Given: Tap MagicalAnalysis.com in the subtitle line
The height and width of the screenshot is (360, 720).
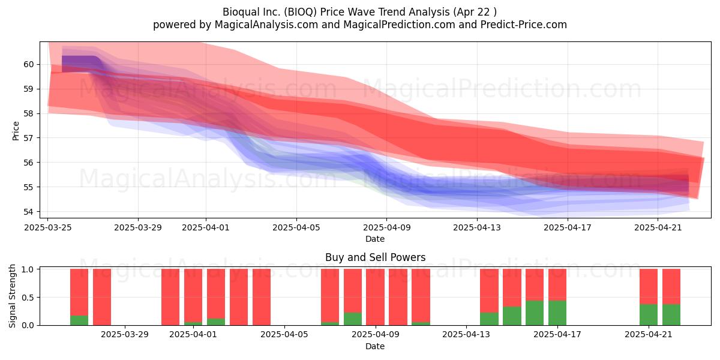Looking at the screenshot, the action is coord(266,25).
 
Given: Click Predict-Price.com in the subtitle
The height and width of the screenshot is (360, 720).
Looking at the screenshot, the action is coord(524,25).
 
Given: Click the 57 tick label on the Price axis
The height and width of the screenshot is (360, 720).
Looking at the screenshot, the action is coord(29,138).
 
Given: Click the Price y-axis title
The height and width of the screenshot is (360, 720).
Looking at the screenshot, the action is coord(16,131).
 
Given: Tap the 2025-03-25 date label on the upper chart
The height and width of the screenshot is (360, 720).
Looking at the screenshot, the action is coord(48,227).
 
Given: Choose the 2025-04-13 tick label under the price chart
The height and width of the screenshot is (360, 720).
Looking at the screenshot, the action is coord(477,227).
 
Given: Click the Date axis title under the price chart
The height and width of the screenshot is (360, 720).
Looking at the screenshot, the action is coord(375,239).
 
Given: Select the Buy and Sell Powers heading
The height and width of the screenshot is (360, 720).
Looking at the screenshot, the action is coord(375,257).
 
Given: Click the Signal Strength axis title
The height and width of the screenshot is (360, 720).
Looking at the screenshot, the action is coord(12,296).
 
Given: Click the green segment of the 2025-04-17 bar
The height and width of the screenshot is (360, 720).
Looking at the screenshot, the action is coord(557,313).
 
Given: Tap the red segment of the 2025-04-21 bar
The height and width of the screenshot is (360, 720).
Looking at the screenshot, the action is coord(649,286).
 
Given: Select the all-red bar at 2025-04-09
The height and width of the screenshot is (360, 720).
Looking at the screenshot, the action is coord(375,297).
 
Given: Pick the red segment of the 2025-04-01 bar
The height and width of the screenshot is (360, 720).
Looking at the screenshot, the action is coord(193,295).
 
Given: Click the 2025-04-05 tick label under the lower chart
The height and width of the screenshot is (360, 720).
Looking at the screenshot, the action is coord(284,335).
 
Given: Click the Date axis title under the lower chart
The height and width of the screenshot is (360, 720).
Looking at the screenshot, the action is coord(375,346).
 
